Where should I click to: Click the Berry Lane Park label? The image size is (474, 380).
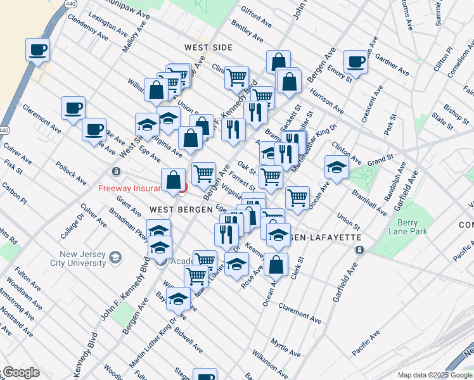tap(400, 227)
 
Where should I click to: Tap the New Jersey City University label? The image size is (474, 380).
tap(70, 258)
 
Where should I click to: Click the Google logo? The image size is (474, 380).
tap(20, 372)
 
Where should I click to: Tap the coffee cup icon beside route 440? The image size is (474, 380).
tap(37, 49)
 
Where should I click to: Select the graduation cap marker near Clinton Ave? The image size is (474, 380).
tap(336, 167)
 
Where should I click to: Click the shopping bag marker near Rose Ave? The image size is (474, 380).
tap(276, 265)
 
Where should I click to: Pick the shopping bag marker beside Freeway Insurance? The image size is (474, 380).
tap(174, 180)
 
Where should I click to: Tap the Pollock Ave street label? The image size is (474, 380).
tap(70, 172)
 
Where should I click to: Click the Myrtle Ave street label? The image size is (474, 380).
tap(286, 346)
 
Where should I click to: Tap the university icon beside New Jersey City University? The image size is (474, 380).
tap(115, 257)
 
